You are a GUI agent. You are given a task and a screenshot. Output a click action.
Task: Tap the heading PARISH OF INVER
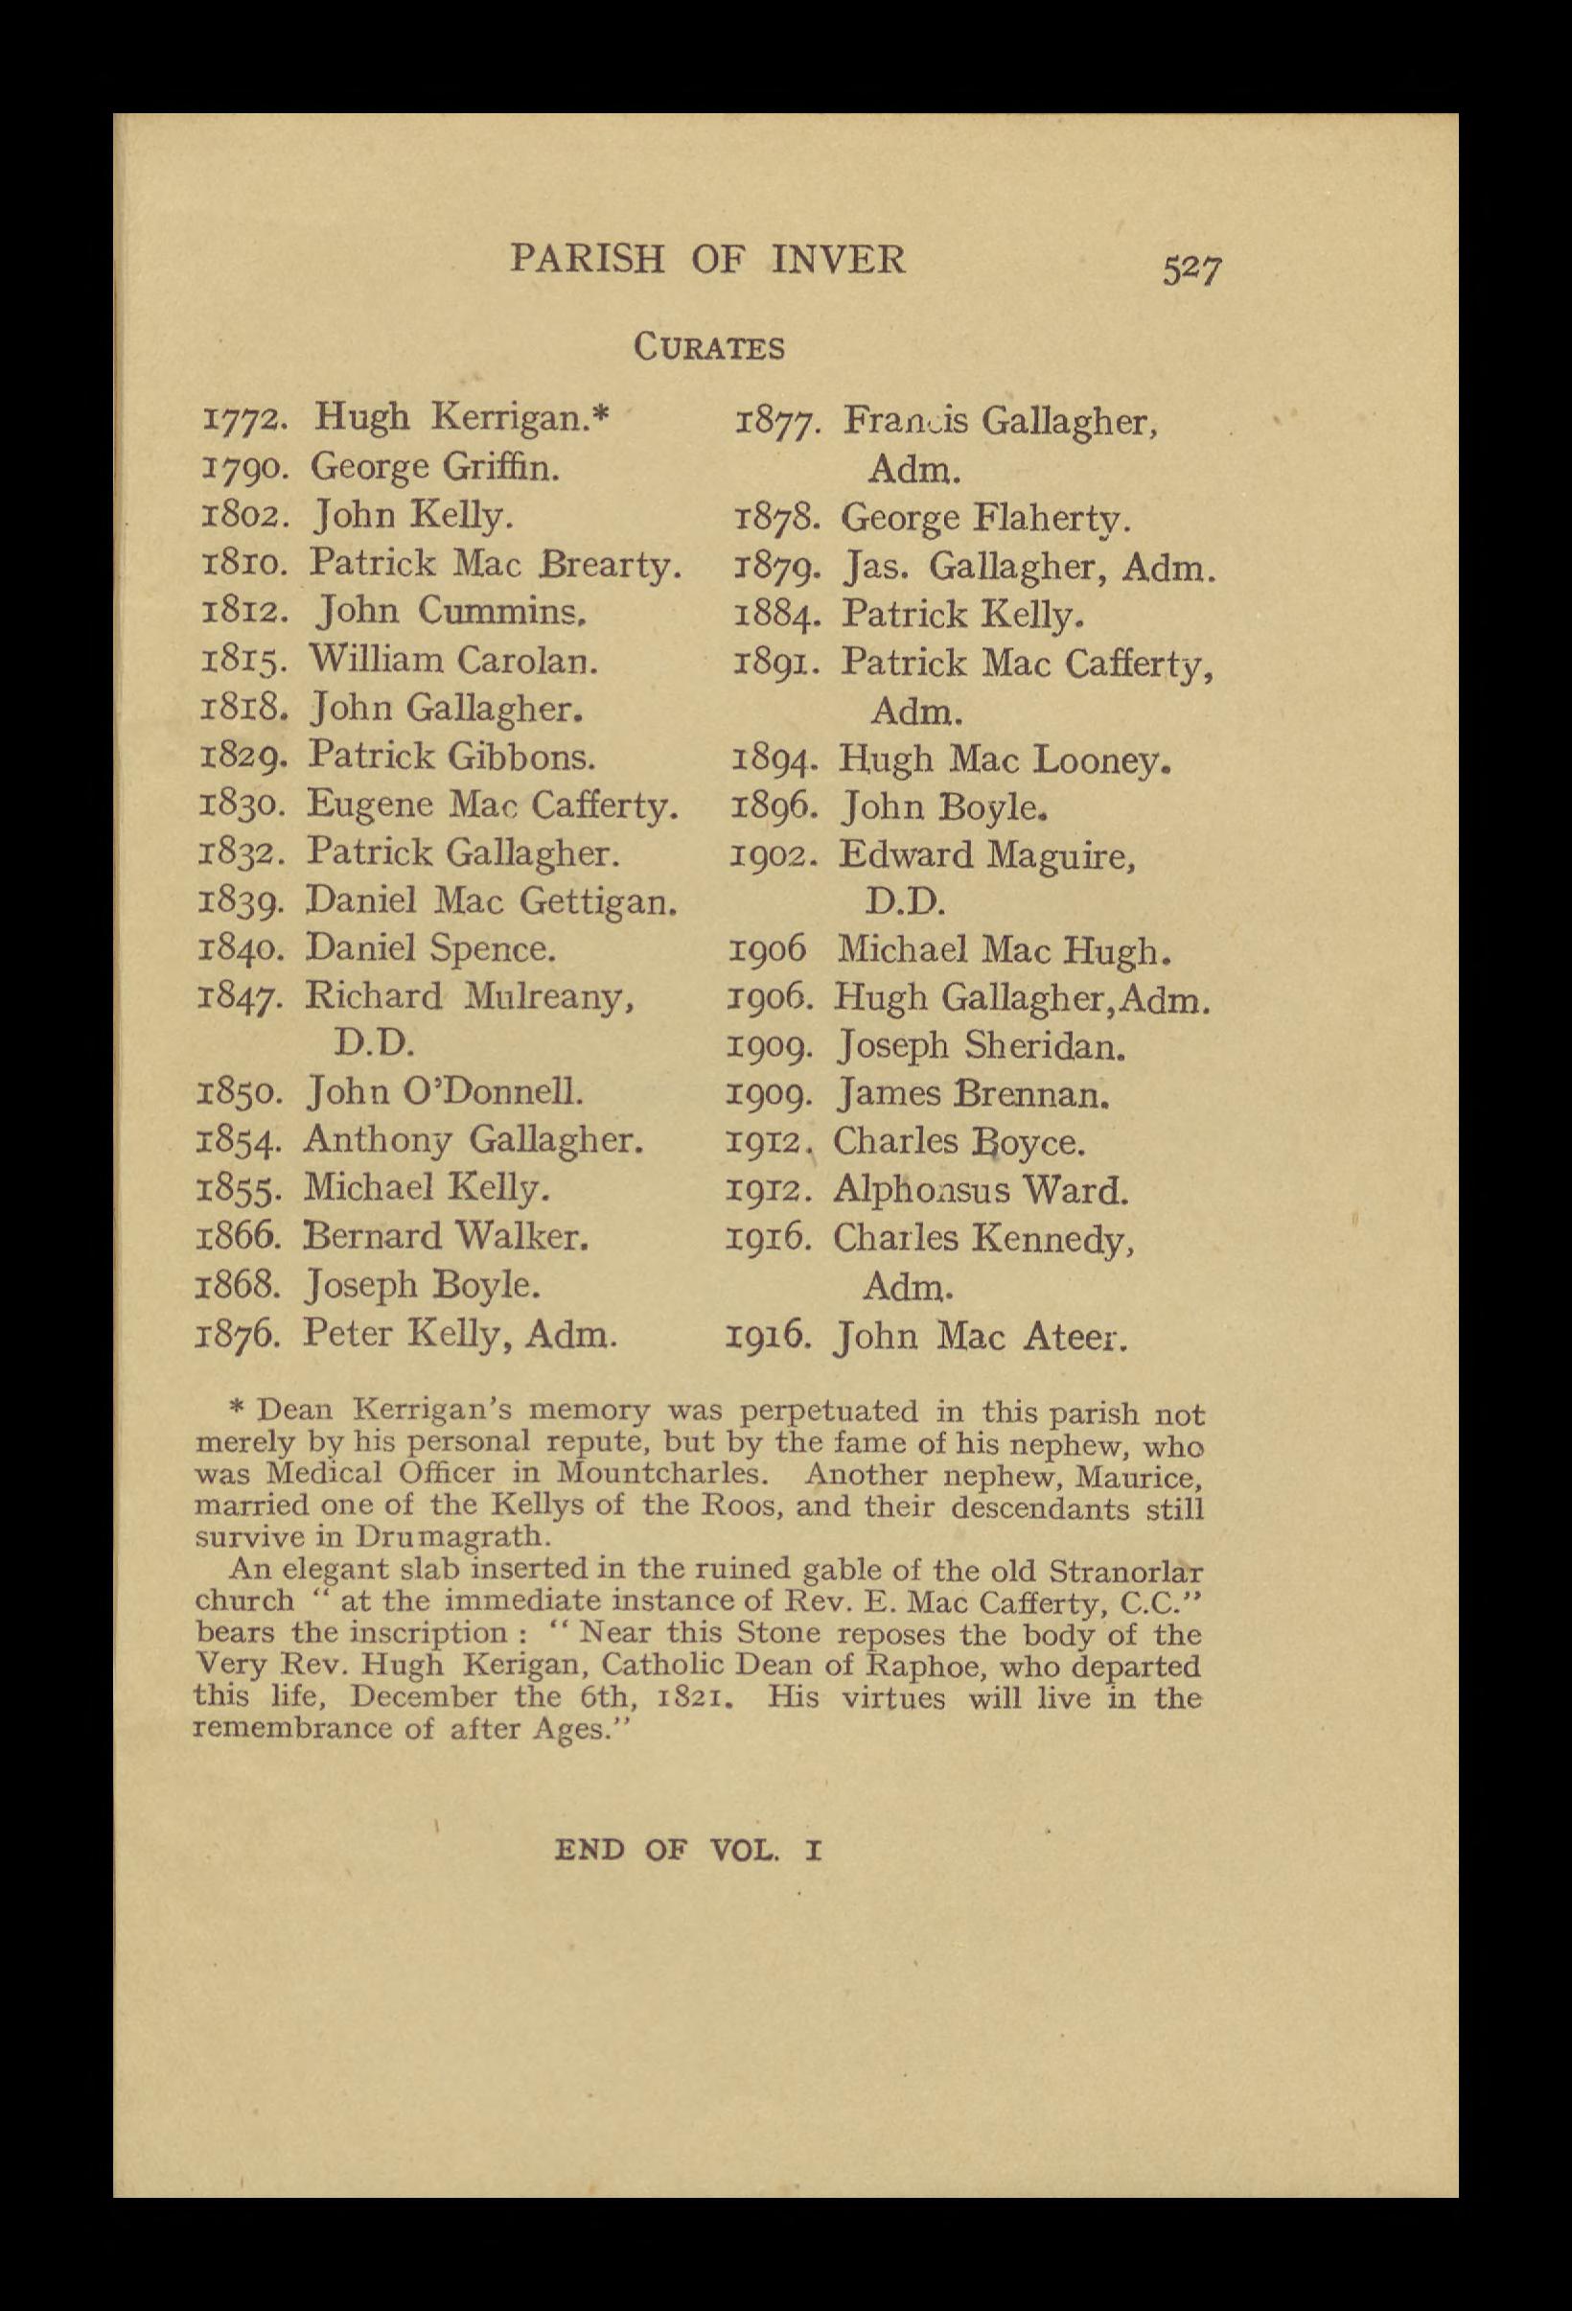point(708,260)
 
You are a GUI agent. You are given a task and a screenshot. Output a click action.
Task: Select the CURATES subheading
point(710,349)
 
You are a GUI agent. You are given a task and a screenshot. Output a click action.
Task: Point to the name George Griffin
point(435,466)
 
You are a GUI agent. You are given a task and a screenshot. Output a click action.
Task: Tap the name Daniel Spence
point(430,947)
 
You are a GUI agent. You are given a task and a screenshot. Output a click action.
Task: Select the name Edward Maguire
point(986,856)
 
